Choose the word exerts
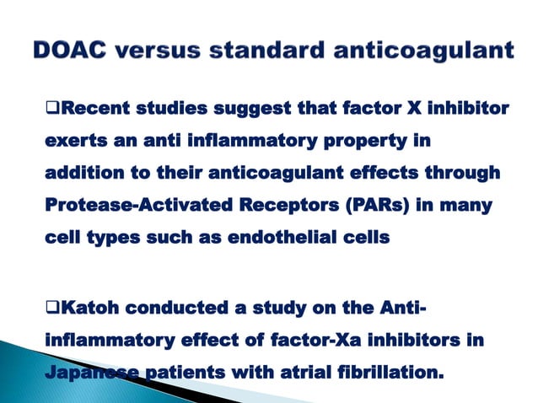[x=73, y=140]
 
